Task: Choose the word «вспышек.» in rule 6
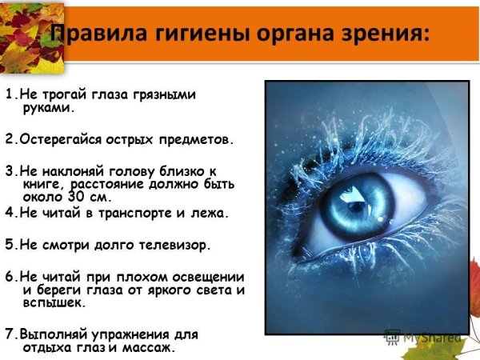[57, 302]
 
